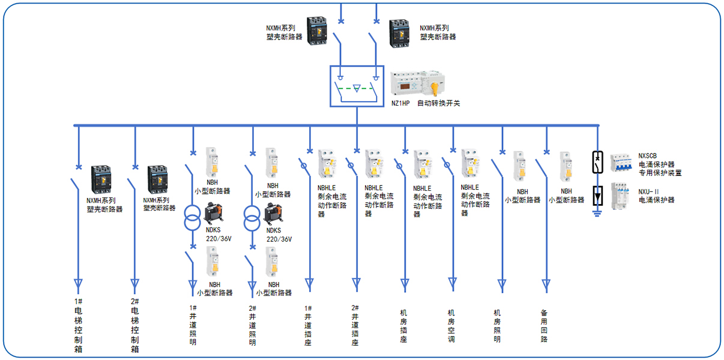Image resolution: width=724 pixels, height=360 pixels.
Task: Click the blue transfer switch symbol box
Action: pyautogui.click(x=357, y=86)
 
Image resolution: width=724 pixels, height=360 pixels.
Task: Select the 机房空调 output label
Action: pyautogui.click(x=451, y=325)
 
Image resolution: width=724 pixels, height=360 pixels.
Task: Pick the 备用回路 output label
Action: pyautogui.click(x=544, y=325)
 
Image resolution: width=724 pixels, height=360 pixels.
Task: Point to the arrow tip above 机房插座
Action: pyautogui.click(x=404, y=283)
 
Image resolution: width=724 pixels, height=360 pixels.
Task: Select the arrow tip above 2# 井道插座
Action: pyautogui.click(x=356, y=283)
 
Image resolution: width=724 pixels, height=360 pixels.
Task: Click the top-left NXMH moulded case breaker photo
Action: pyautogui.click(x=316, y=31)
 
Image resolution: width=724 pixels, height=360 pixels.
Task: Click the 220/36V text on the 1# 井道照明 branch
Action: pyautogui.click(x=219, y=239)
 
